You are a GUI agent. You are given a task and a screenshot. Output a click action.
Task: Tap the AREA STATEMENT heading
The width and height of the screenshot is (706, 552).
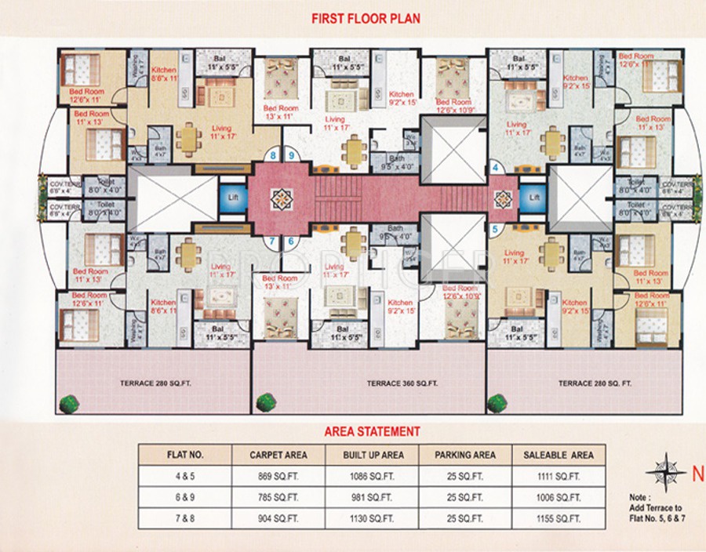[x=372, y=431]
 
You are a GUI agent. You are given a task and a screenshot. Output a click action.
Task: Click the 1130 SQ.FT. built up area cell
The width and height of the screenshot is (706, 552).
[x=373, y=518]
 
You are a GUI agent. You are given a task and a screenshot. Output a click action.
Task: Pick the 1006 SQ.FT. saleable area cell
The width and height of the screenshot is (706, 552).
[x=559, y=497]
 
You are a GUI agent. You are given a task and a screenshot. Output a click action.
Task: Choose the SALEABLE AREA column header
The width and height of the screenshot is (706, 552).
[x=559, y=455]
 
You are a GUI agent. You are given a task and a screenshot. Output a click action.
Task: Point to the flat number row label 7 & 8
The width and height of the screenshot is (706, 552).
[x=184, y=518]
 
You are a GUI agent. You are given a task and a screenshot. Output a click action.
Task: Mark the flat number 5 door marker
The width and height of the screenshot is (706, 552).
[x=495, y=231]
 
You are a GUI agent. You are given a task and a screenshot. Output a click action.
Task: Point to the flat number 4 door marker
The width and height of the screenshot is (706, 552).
[x=495, y=167]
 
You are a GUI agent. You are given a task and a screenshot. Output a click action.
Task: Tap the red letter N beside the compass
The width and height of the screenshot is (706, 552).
[x=697, y=473]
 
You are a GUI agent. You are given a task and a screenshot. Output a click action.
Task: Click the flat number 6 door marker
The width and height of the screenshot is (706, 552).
[x=290, y=241]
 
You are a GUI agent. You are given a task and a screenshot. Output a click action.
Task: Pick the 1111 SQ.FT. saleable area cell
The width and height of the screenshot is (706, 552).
[x=559, y=476]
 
